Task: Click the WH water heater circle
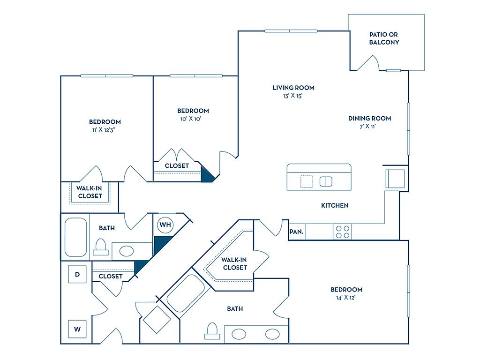tap(165, 225)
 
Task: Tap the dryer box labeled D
tap(77, 274)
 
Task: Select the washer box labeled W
tap(77, 329)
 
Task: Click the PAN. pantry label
tap(296, 232)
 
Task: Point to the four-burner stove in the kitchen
tap(342, 232)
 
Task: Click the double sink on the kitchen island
tap(326, 181)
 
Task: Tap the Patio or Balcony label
tap(384, 38)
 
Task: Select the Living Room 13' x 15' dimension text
tap(293, 96)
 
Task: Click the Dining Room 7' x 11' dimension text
tap(369, 126)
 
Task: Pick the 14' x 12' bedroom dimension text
tap(346, 297)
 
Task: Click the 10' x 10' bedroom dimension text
tap(193, 119)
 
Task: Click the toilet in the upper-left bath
tap(101, 247)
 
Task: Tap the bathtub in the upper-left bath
tap(76, 237)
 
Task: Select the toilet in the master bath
tap(212, 330)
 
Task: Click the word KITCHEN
tap(335, 205)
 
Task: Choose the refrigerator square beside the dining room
tap(395, 179)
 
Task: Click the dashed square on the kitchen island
tap(307, 181)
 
